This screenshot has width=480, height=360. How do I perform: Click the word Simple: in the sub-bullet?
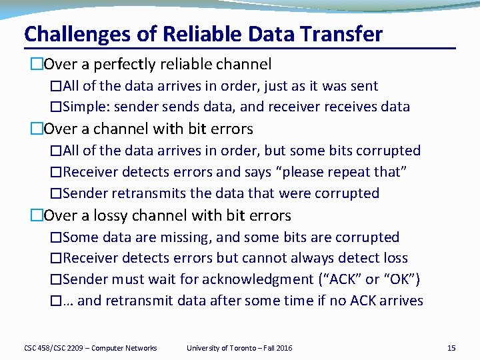pos(89,107)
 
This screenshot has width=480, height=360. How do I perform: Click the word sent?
pos(365,86)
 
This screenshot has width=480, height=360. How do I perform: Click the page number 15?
pos(451,348)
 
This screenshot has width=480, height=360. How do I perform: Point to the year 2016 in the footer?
pos(283,348)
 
